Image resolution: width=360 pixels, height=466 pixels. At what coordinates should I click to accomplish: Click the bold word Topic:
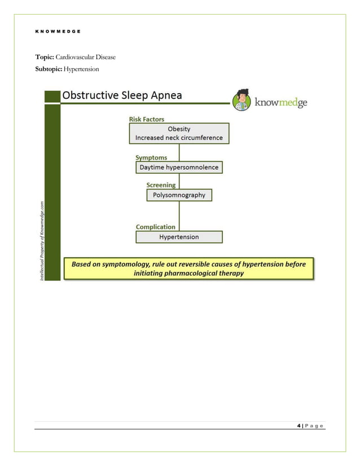pyautogui.click(x=45, y=58)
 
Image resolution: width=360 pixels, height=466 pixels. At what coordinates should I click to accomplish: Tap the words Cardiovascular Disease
pyautogui.click(x=86, y=58)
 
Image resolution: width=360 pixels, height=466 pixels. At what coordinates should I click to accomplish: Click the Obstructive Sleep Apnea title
pyautogui.click(x=122, y=95)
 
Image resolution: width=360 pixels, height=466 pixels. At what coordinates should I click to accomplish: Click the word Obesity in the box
pyautogui.click(x=179, y=129)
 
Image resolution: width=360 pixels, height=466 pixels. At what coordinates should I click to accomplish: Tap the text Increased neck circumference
pyautogui.click(x=179, y=138)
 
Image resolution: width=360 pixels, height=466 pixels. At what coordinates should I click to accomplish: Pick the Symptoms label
pyautogui.click(x=152, y=157)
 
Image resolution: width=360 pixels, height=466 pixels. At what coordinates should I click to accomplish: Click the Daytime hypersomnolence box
pyautogui.click(x=179, y=168)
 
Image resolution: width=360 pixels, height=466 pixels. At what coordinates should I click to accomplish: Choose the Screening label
pyautogui.click(x=161, y=185)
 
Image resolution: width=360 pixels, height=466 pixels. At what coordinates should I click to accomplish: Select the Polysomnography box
pyautogui.click(x=179, y=195)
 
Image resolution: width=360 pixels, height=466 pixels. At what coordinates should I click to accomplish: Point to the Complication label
pyautogui.click(x=155, y=227)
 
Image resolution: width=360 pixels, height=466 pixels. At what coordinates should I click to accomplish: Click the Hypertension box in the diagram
pyautogui.click(x=179, y=237)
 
